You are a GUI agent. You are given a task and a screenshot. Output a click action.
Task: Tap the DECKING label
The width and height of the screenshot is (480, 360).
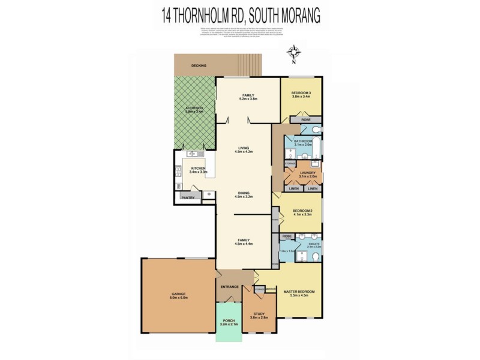pyautogui.click(x=199, y=65)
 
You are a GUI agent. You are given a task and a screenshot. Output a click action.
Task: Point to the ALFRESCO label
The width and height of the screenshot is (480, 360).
pyautogui.click(x=195, y=107)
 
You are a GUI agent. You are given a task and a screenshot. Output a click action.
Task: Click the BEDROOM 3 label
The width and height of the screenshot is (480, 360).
pyautogui.click(x=301, y=92)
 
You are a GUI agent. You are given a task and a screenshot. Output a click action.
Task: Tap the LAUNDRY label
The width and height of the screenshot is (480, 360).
pyautogui.click(x=308, y=173)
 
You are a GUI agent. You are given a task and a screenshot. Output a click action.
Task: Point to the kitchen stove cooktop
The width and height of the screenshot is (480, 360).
pyautogui.click(x=178, y=173)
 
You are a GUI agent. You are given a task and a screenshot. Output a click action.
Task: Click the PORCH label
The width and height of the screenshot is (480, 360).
pyautogui.click(x=229, y=320)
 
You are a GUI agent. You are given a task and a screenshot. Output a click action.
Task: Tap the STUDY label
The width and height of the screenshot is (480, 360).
pyautogui.click(x=259, y=314)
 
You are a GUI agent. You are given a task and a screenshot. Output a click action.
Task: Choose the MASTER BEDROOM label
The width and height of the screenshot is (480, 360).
pyautogui.click(x=298, y=291)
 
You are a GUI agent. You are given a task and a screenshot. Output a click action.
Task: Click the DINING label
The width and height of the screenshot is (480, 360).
pyautogui.click(x=243, y=192)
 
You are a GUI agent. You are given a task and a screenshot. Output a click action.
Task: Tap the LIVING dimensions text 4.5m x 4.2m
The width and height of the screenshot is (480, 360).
pyautogui.click(x=243, y=152)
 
